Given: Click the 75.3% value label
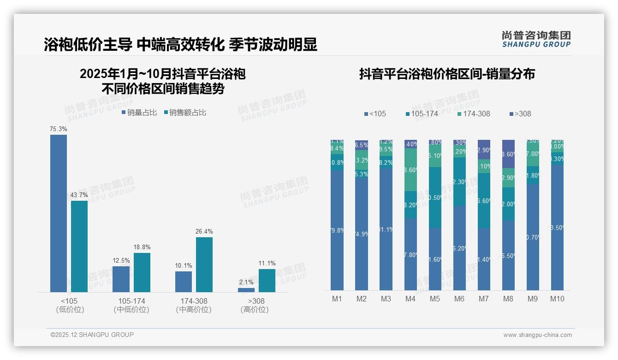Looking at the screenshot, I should [59, 129].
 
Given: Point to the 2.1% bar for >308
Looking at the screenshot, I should [246, 290].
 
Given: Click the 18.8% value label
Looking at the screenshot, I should [142, 247].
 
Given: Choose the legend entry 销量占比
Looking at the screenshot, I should [139, 112].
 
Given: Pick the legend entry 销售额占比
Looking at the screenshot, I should [185, 112].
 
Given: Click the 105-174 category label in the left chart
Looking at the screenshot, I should [131, 301].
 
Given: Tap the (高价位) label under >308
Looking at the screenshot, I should [255, 310].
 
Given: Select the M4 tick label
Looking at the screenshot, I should [410, 299].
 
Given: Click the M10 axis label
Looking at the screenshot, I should [557, 299].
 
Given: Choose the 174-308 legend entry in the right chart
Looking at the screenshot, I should [474, 114].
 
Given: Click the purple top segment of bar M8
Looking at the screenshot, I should [508, 154].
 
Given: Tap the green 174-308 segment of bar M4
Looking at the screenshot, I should [410, 169].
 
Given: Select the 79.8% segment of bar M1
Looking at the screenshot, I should [337, 230].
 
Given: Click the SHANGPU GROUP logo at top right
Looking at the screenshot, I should [536, 39].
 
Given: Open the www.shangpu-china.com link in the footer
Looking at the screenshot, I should [537, 335].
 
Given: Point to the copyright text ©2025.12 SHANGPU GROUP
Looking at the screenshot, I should [92, 335].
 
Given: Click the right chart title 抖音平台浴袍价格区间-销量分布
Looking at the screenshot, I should [447, 74].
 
